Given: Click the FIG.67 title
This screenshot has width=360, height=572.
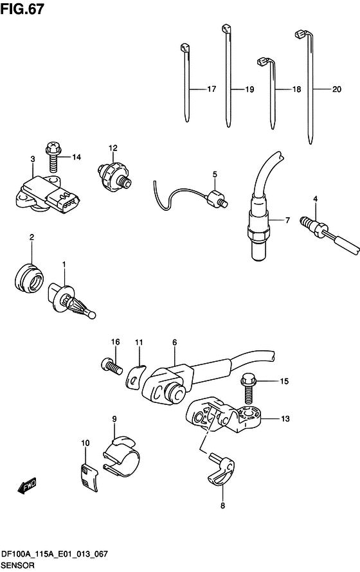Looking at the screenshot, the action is point(22,8).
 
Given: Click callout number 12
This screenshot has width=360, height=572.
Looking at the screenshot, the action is point(113,148).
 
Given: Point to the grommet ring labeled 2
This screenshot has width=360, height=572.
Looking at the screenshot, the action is point(29,276).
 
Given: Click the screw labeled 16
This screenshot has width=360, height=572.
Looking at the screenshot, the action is point(111,366).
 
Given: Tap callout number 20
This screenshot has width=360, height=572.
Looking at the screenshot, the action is point(337,89).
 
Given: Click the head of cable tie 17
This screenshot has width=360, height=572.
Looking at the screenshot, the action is point(184,48).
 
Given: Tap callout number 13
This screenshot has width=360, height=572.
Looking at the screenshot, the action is point(285,419).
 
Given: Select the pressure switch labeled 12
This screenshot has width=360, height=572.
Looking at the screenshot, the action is point(113,175).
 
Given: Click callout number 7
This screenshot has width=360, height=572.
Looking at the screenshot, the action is point(287,220).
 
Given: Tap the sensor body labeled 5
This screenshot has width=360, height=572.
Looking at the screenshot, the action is point(216,199).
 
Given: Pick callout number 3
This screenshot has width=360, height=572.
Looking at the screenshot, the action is point(33,159).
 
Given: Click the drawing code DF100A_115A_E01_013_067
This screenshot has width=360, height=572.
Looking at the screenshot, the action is point(55,554).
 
